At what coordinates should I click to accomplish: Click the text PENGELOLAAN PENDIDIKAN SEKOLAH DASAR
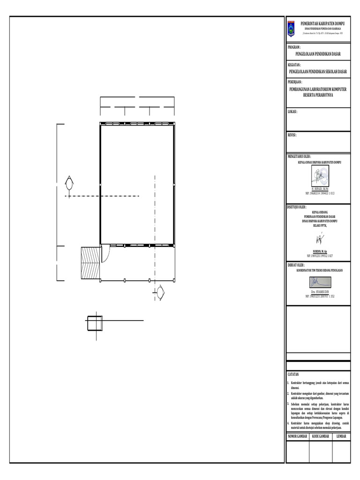[x=317, y=72]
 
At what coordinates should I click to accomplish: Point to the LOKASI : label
[x=292, y=112]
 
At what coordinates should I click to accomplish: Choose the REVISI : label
[x=292, y=135]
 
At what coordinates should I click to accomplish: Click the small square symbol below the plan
[x=95, y=323]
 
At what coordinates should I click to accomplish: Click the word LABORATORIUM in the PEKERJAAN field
[x=316, y=89]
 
